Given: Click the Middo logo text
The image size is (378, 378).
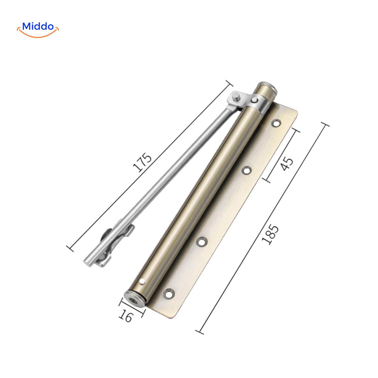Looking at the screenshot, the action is pos(38,26).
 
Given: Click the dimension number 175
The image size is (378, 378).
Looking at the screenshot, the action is pos(143,162).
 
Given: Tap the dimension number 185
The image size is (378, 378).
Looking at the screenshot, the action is pos(270,234).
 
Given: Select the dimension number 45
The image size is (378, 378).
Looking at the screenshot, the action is pos(287,164).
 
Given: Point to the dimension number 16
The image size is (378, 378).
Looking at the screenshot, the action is pos(126,316).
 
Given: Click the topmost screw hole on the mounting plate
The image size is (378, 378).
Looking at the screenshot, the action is pos(276,123).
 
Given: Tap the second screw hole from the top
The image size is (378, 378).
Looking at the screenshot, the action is pos(246,171).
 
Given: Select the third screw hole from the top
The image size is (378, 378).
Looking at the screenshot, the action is pos(201,242).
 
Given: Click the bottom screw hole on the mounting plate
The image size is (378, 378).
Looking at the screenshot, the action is pos(168,293).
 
